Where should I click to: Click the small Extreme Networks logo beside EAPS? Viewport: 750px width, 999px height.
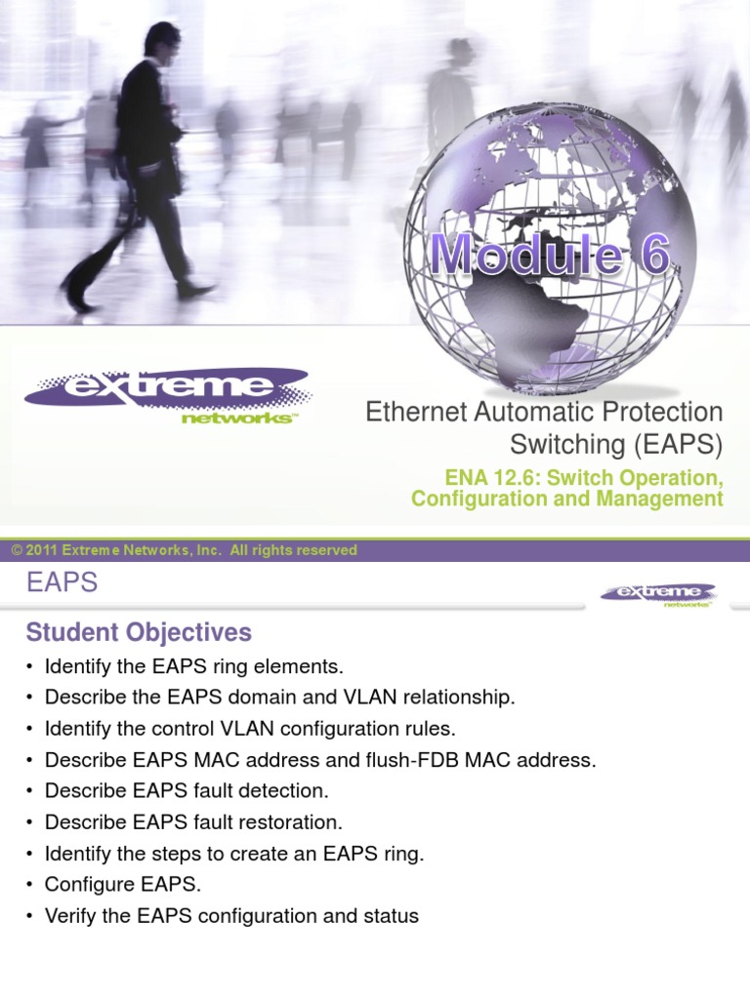tap(658, 594)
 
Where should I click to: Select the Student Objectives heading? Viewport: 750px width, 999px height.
tap(139, 632)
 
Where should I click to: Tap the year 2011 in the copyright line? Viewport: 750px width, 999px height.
tap(42, 550)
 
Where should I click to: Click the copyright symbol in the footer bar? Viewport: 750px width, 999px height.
tap(17, 550)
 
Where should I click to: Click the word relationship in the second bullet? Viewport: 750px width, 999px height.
tap(457, 698)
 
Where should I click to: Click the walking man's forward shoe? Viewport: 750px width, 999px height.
tap(196, 290)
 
